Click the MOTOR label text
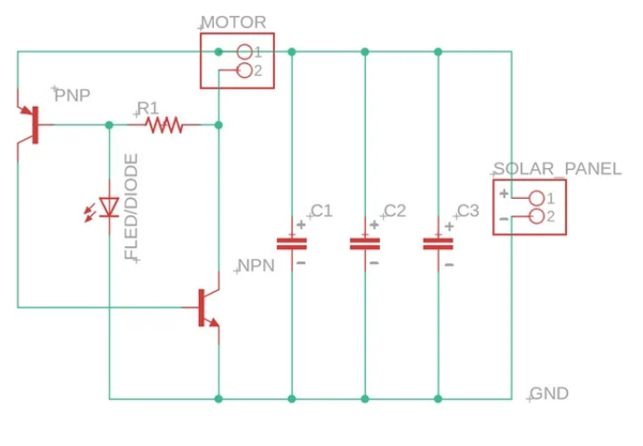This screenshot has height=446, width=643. [234, 22]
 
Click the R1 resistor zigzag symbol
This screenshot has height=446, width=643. [164, 125]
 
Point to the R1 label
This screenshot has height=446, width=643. [148, 109]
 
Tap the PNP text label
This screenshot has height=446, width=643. [72, 95]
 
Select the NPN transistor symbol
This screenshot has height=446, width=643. [207, 308]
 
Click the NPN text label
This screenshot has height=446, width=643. [256, 266]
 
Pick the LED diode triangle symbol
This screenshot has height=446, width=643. [109, 207]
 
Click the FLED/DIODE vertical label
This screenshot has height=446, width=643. [131, 206]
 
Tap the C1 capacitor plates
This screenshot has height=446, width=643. [292, 243]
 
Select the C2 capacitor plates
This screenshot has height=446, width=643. [365, 243]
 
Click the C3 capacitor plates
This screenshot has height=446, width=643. [438, 243]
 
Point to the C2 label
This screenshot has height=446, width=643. [395, 211]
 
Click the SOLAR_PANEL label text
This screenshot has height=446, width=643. [558, 169]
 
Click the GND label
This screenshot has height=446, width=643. [549, 394]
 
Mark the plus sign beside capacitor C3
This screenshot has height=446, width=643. [450, 226]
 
